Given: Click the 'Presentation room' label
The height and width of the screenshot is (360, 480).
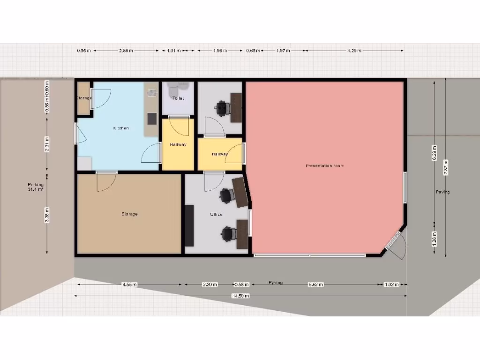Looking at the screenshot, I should pos(324,166).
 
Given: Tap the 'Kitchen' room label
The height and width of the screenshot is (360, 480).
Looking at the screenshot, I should pos(120,128).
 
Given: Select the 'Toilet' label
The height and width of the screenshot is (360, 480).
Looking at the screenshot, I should pos(178,98).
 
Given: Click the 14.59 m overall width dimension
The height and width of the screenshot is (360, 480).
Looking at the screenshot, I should pos(240,296).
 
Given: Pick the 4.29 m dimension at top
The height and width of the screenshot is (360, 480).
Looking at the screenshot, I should pos(354,51).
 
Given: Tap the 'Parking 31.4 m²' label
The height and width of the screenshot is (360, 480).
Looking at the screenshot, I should pos(36,187).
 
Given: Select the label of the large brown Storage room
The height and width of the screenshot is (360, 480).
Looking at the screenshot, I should pos(129,214).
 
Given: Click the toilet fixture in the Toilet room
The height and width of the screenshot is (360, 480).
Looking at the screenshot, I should pos(173,88).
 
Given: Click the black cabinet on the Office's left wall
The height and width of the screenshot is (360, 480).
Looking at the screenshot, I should pos(189,225).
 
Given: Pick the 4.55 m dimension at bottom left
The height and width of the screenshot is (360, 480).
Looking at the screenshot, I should pos(129,284).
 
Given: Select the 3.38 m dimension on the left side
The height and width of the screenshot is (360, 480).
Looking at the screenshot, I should pos(47,215).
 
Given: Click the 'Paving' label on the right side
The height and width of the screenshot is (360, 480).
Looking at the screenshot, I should pos(442,192).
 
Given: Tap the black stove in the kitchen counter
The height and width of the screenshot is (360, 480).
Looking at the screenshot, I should pos(152,119).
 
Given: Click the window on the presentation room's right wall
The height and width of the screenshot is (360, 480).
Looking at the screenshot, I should pos(405,187).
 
